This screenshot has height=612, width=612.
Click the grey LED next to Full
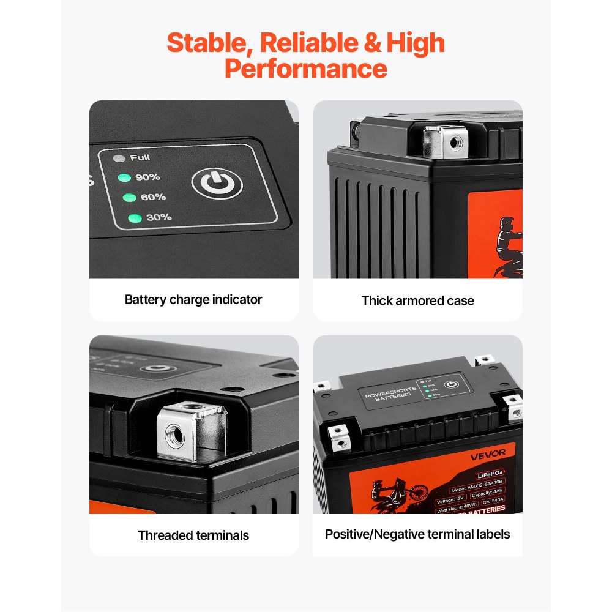tap(120, 158)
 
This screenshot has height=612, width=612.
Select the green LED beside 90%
tap(125, 177)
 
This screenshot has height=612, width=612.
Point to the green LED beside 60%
tap(129, 197)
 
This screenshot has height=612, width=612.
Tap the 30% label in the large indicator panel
tap(158, 217)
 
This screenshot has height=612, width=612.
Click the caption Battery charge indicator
tap(193, 299)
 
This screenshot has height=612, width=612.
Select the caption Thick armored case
tap(417, 300)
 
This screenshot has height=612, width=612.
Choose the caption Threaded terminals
tap(193, 535)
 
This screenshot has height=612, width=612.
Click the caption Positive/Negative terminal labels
tap(417, 534)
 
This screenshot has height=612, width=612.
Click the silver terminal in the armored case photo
tap(446, 141)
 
